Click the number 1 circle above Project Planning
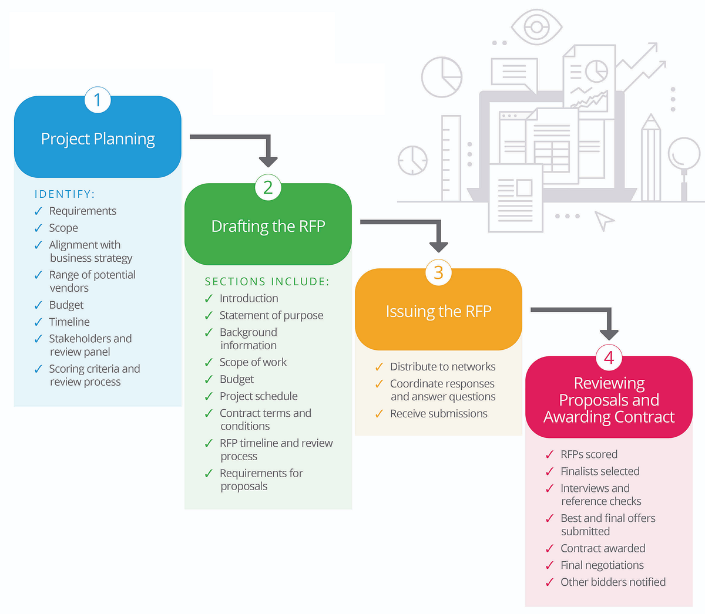tap(98, 100)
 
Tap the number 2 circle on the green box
tap(268, 187)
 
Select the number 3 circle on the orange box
tap(438, 272)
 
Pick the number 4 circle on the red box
tap(609, 357)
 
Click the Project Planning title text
tap(98, 139)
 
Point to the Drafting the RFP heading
tap(268, 227)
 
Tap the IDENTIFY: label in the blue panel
tap(65, 194)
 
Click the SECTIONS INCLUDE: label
tap(267, 282)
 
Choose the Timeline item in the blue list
tap(69, 322)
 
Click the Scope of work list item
tap(253, 362)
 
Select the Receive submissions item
tap(439, 414)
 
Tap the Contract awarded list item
tap(603, 548)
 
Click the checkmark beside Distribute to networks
tap(379, 367)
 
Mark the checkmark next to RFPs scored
tap(549, 455)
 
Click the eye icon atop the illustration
tap(536, 27)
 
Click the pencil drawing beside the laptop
tap(650, 158)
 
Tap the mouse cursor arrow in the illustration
tap(603, 220)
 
